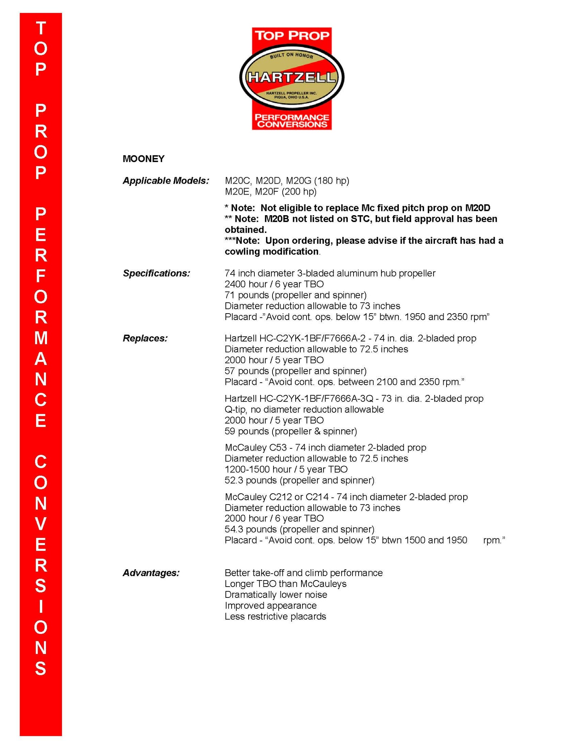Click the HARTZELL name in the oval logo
[x=291, y=77]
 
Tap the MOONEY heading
[x=143, y=159]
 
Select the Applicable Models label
[x=166, y=180]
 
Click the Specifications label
[x=156, y=273]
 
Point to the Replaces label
[x=145, y=338]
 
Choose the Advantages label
[x=151, y=573]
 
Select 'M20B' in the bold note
[x=276, y=219]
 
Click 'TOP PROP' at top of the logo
[x=292, y=35]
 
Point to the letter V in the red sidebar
[x=41, y=524]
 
